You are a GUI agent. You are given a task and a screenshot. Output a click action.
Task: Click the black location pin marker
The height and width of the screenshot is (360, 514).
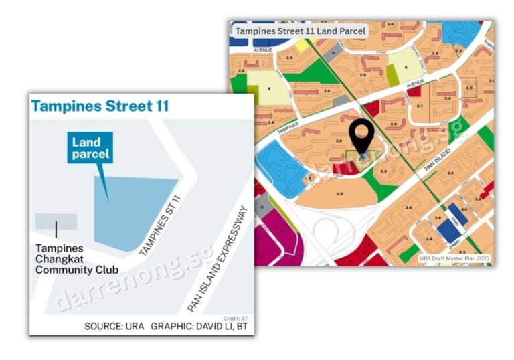[361, 137]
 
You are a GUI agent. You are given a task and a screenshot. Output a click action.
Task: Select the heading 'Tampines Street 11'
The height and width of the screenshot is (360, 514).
[100, 106]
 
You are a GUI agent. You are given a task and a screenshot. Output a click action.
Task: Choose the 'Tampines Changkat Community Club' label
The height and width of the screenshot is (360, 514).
[76, 260]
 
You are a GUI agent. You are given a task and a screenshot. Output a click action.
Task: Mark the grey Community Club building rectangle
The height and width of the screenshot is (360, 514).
[56, 221]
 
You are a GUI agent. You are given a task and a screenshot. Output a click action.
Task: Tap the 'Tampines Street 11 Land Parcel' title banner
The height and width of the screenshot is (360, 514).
[301, 31]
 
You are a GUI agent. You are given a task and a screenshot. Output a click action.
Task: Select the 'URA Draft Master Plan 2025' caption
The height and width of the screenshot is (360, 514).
[453, 258]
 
